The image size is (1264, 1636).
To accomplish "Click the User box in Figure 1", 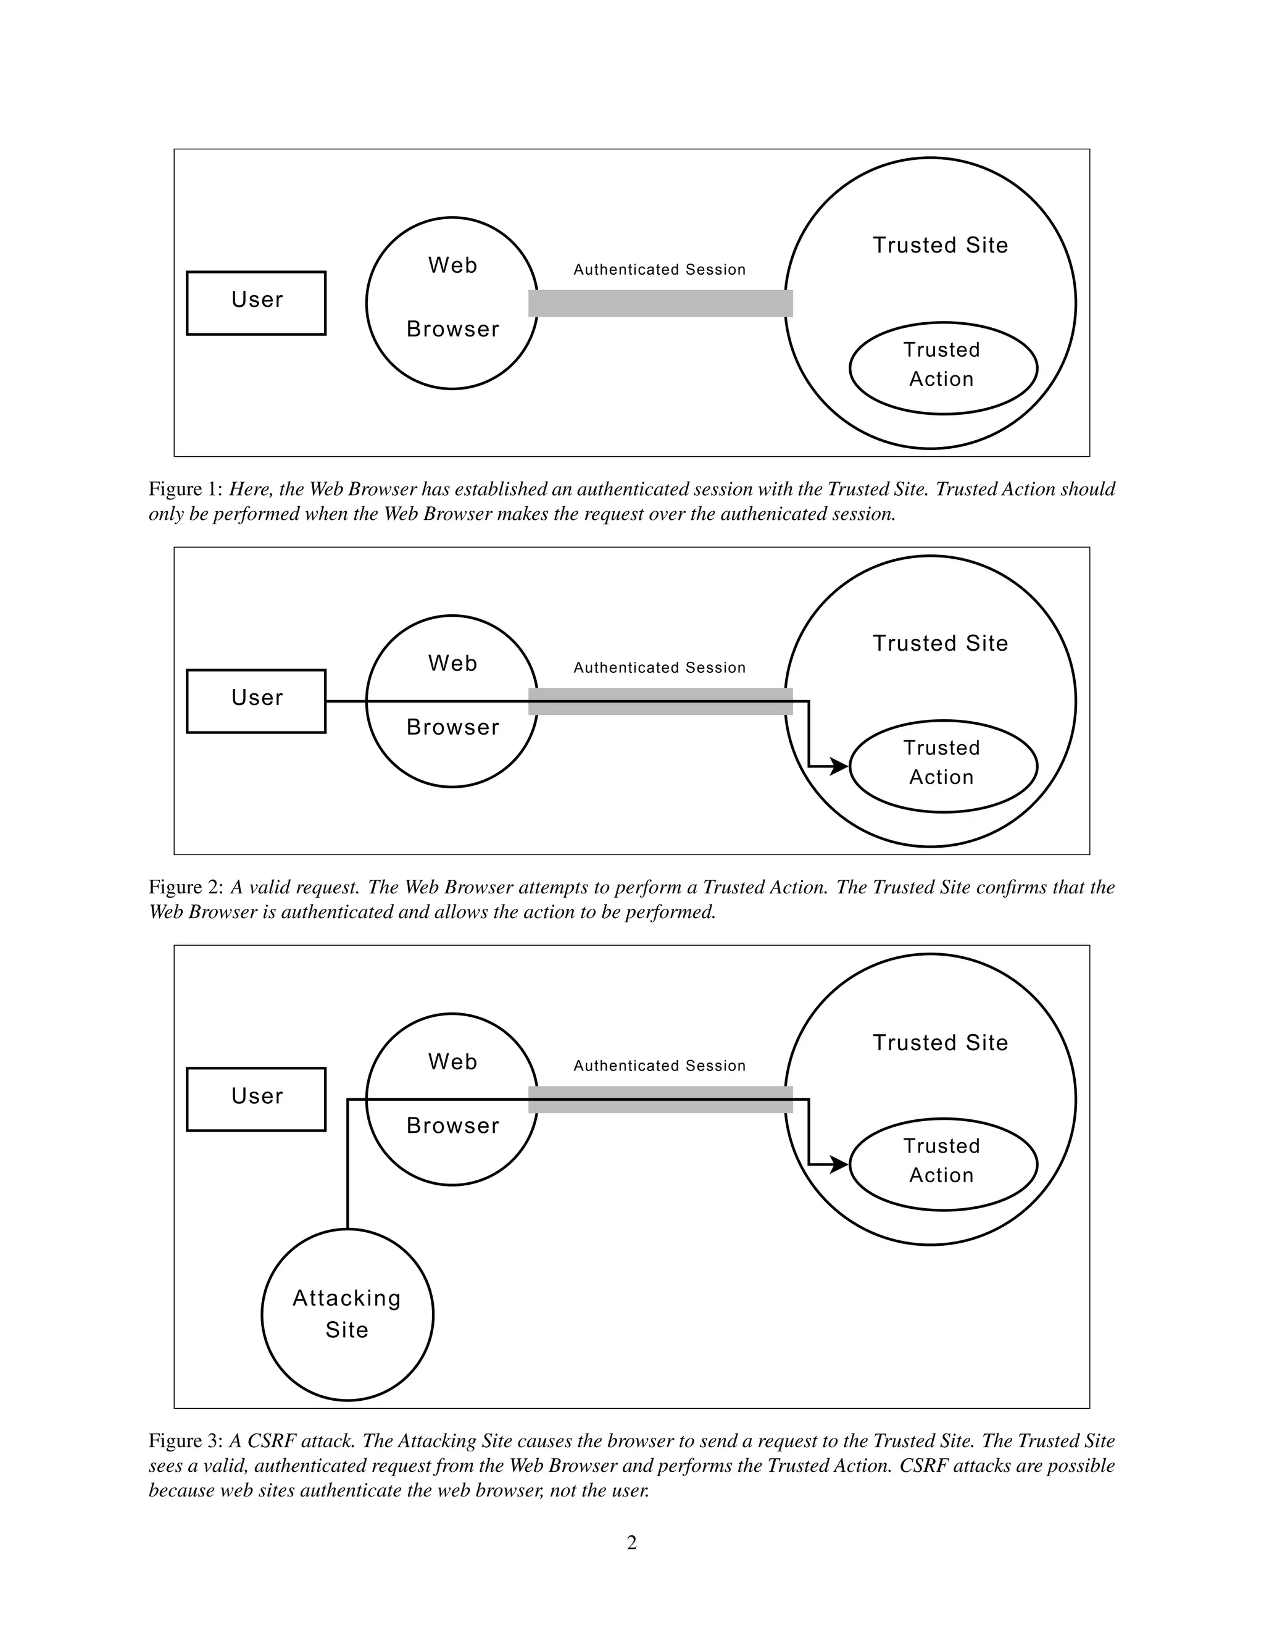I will pos(256,303).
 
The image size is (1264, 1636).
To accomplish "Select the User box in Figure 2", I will pos(256,701).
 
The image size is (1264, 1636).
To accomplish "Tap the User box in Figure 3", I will pos(256,1099).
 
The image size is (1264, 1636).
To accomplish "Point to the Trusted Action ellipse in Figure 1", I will pos(943,368).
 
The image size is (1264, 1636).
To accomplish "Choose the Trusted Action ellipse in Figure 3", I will pos(943,1164).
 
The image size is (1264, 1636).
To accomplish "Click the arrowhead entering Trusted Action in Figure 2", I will pos(839,766).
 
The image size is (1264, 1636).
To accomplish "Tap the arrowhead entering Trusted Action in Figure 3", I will pos(839,1164).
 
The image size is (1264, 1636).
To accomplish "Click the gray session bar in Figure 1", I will pos(660,303).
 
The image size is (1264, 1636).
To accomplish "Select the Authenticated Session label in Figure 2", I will pos(660,667).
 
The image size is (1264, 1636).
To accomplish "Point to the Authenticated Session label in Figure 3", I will pos(660,1065).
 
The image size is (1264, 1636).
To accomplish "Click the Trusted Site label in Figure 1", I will pos(941,245).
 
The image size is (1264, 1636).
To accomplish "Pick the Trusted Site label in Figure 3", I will pos(941,1042).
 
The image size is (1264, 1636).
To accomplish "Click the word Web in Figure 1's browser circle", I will pos(452,265).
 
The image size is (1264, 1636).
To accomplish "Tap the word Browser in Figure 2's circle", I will pos(452,727).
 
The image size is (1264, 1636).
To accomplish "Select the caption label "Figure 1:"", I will pos(185,489).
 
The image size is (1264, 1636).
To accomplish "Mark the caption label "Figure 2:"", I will pos(185,887).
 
